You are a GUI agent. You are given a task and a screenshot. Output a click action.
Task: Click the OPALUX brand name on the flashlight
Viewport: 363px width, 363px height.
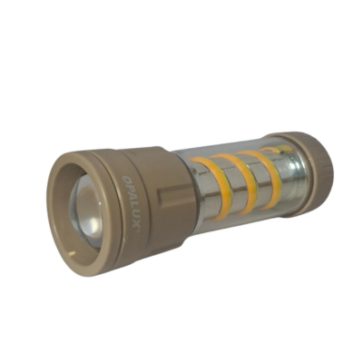132,202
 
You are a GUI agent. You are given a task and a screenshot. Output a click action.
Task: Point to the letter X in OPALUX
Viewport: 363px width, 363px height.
135,227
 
